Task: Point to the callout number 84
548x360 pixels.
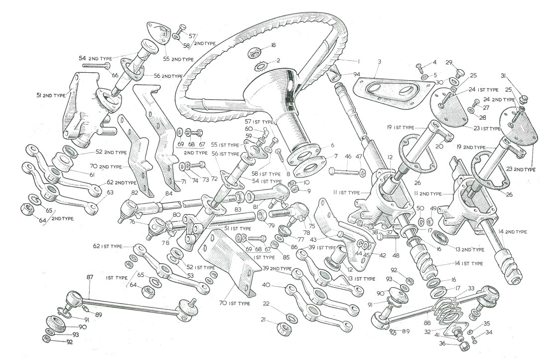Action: tap(169, 193)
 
